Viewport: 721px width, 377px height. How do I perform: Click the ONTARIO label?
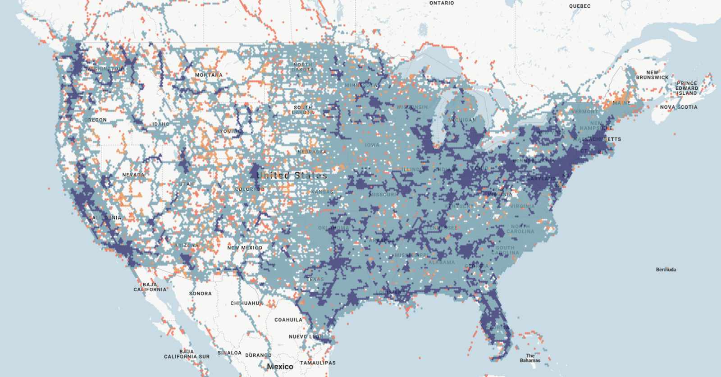442,3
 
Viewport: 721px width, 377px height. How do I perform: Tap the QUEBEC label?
580,6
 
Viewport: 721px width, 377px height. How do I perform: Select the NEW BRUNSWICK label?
652,75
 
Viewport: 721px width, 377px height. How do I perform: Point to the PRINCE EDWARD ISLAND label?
687,88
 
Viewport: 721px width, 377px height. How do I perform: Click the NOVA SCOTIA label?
679,107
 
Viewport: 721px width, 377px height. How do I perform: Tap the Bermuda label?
666,270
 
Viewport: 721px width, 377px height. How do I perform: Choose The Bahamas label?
530,358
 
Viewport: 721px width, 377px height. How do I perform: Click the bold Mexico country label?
280,367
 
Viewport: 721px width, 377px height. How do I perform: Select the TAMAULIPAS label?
318,363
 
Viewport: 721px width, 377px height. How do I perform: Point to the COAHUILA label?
288,320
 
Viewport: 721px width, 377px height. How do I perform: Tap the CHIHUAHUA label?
246,303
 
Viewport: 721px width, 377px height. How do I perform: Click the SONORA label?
200,294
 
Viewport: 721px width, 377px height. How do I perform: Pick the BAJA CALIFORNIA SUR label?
187,354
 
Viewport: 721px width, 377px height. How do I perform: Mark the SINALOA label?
229,353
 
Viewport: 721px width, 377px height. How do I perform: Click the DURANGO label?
258,355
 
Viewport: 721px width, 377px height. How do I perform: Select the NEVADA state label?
133,175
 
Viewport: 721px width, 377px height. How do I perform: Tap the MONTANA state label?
209,75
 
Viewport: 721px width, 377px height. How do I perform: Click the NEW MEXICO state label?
245,248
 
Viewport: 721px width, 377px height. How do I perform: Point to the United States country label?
292,175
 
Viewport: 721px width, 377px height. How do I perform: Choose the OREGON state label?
96,120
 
